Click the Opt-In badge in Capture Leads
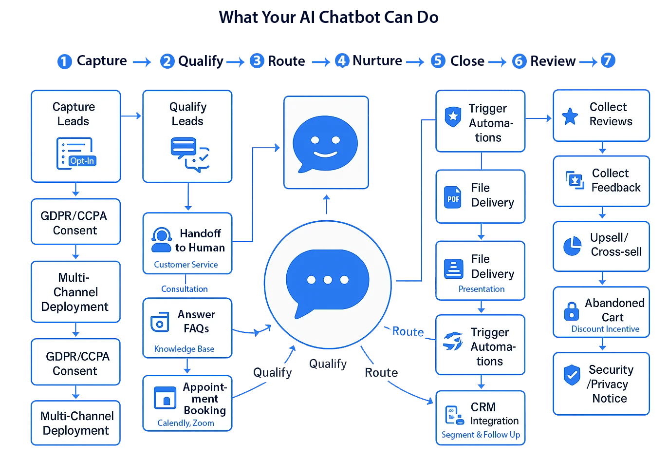click(x=82, y=161)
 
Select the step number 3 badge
click(x=257, y=60)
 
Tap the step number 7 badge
click(x=607, y=60)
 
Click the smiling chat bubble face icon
click(x=325, y=144)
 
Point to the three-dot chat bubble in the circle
click(x=327, y=282)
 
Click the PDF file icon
click(x=453, y=197)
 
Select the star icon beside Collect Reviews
click(x=570, y=116)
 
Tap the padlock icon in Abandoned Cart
click(x=571, y=311)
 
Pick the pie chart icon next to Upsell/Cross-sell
click(x=572, y=246)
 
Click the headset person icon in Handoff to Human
click(x=161, y=240)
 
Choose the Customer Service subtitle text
click(x=186, y=265)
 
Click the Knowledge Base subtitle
click(x=184, y=349)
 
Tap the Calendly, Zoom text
click(x=186, y=423)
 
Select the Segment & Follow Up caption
click(x=481, y=435)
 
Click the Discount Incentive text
click(x=605, y=329)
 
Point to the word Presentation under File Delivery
click(x=481, y=289)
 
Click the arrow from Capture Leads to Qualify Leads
click(x=131, y=115)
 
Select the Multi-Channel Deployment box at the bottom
click(x=76, y=423)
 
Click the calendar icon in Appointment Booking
click(x=165, y=398)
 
